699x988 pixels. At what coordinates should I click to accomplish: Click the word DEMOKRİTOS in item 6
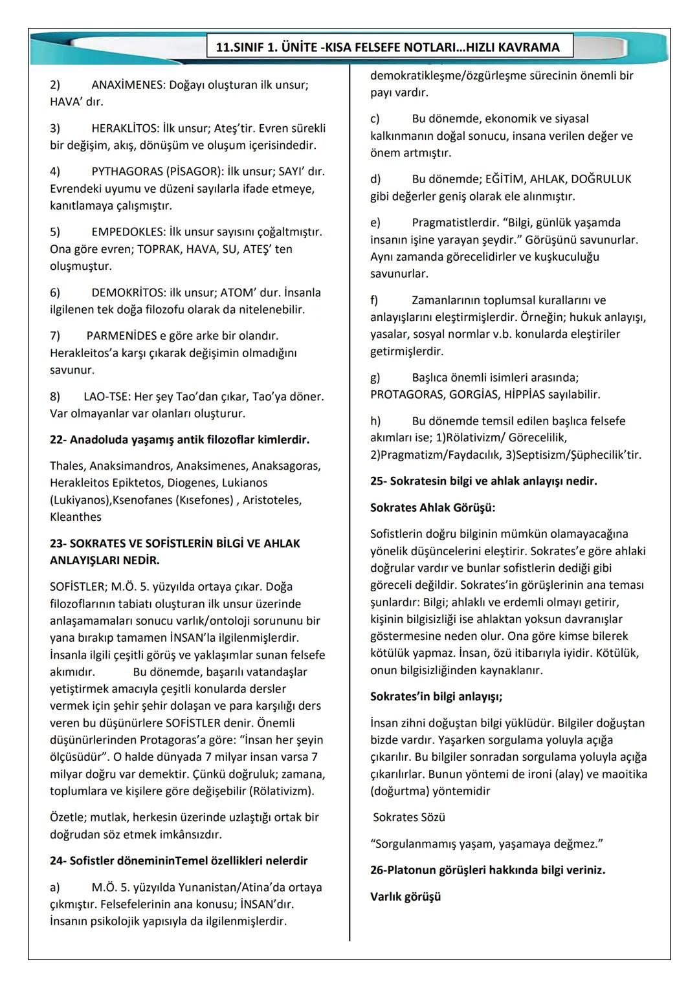pyautogui.click(x=128, y=292)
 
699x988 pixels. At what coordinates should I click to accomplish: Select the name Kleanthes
pyautogui.click(x=76, y=517)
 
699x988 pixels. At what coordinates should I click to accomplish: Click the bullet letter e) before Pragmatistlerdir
pyautogui.click(x=375, y=223)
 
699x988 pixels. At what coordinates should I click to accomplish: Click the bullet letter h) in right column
pyautogui.click(x=375, y=421)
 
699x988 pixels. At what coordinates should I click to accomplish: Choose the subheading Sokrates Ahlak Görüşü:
pyautogui.click(x=432, y=508)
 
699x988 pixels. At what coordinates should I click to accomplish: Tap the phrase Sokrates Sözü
pyautogui.click(x=409, y=817)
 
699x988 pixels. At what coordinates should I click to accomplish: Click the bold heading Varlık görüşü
pyautogui.click(x=405, y=897)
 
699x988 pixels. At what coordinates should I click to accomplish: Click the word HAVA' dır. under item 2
pyautogui.click(x=76, y=102)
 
